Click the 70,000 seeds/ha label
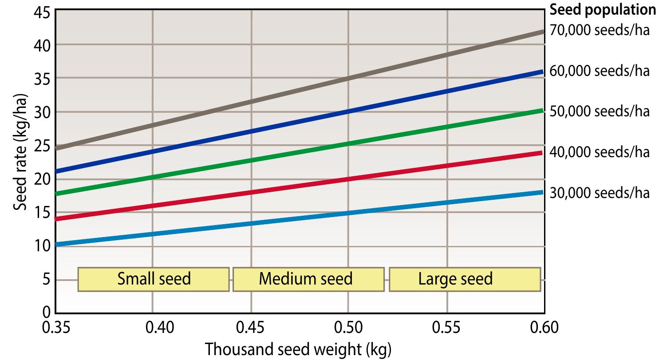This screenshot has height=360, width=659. click(600, 30)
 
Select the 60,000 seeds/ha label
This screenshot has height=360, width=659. click(600, 71)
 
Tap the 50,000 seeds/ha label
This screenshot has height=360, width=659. click(600, 111)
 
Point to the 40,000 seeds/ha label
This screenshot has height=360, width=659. click(600, 152)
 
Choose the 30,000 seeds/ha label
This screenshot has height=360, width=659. click(600, 193)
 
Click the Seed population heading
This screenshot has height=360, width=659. click(603, 9)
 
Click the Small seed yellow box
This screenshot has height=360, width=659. click(154, 279)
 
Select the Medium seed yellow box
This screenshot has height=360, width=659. click(308, 279)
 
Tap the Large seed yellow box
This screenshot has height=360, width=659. click(464, 279)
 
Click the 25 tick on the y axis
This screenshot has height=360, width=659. click(40, 145)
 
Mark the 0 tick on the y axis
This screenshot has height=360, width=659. click(45, 312)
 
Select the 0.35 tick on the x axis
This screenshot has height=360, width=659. click(55, 328)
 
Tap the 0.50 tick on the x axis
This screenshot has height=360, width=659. click(348, 328)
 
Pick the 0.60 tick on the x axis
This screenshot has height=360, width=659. click(544, 328)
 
